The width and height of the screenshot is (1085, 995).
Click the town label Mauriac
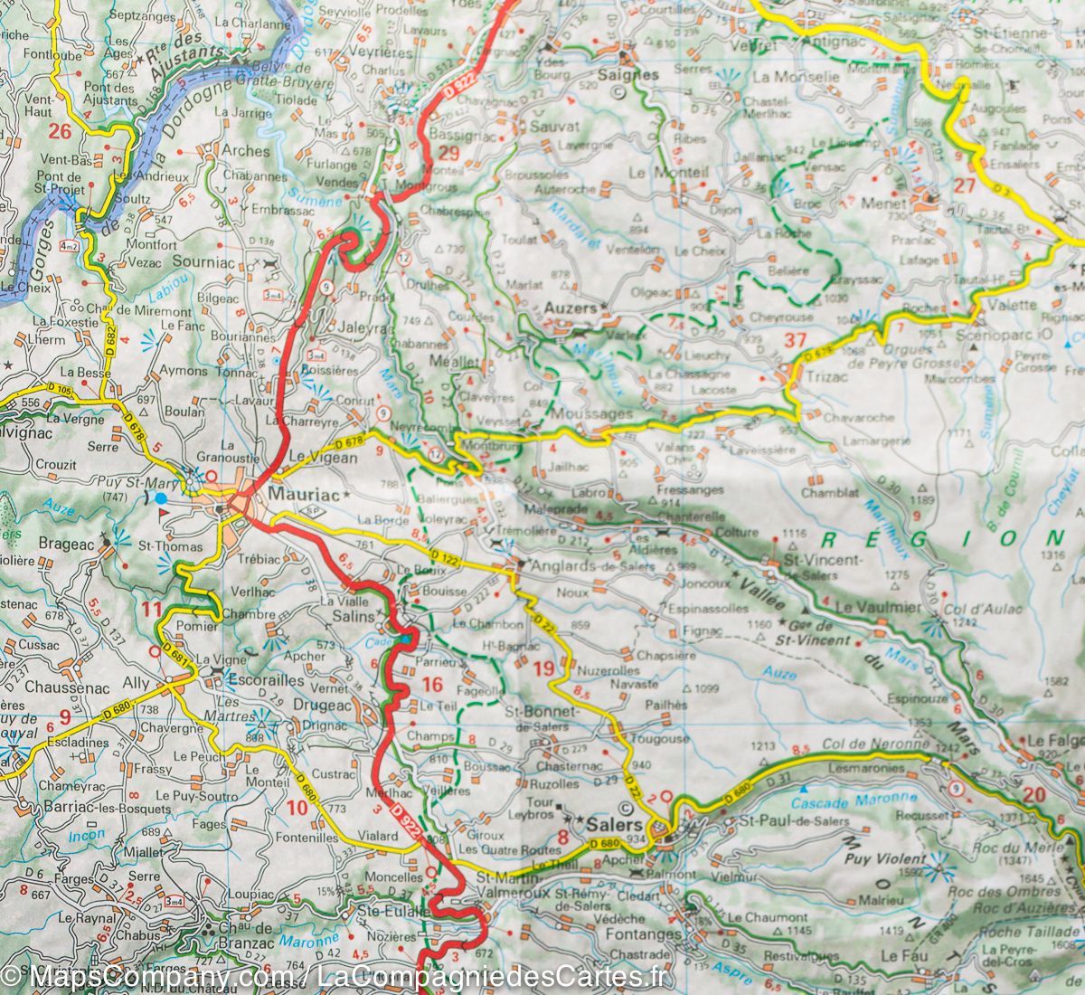pyautogui.click(x=302, y=495)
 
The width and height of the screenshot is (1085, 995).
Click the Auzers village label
pyautogui.click(x=571, y=308)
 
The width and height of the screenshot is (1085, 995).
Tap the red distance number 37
pyautogui.click(x=795, y=341)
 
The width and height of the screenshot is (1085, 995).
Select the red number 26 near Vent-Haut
pyautogui.click(x=60, y=132)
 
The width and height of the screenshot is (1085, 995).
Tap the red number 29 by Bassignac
pyautogui.click(x=449, y=153)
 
